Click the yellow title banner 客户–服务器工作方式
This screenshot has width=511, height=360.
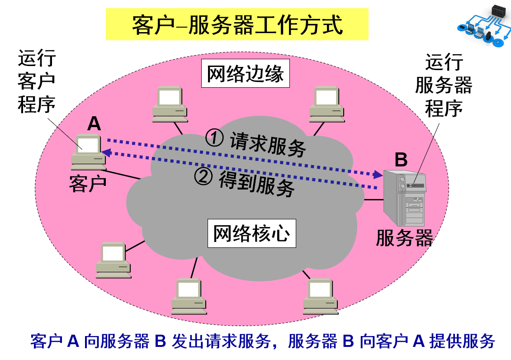point(237,24)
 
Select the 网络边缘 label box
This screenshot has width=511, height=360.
point(246,73)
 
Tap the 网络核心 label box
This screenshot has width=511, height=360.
point(251,233)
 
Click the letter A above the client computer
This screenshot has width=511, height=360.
point(94,123)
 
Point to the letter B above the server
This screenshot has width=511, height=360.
point(401,160)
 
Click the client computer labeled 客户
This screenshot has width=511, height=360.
point(89,152)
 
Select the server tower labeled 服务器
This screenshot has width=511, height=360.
point(405,198)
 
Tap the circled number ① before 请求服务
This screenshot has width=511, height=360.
point(214,138)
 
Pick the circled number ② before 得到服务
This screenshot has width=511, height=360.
point(203,176)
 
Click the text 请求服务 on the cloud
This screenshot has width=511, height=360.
point(268,144)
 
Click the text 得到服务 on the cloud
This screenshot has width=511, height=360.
point(257,183)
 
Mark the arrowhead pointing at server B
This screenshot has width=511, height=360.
point(378,175)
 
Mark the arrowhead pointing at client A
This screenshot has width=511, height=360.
point(106,152)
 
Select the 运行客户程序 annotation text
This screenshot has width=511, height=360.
point(37,81)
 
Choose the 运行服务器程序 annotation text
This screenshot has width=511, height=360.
point(444,85)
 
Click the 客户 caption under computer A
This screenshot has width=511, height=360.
point(88,184)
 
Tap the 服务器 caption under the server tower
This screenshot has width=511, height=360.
point(404,238)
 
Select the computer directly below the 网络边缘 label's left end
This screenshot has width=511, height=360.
point(170,104)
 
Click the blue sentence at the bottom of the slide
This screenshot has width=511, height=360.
point(263,341)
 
